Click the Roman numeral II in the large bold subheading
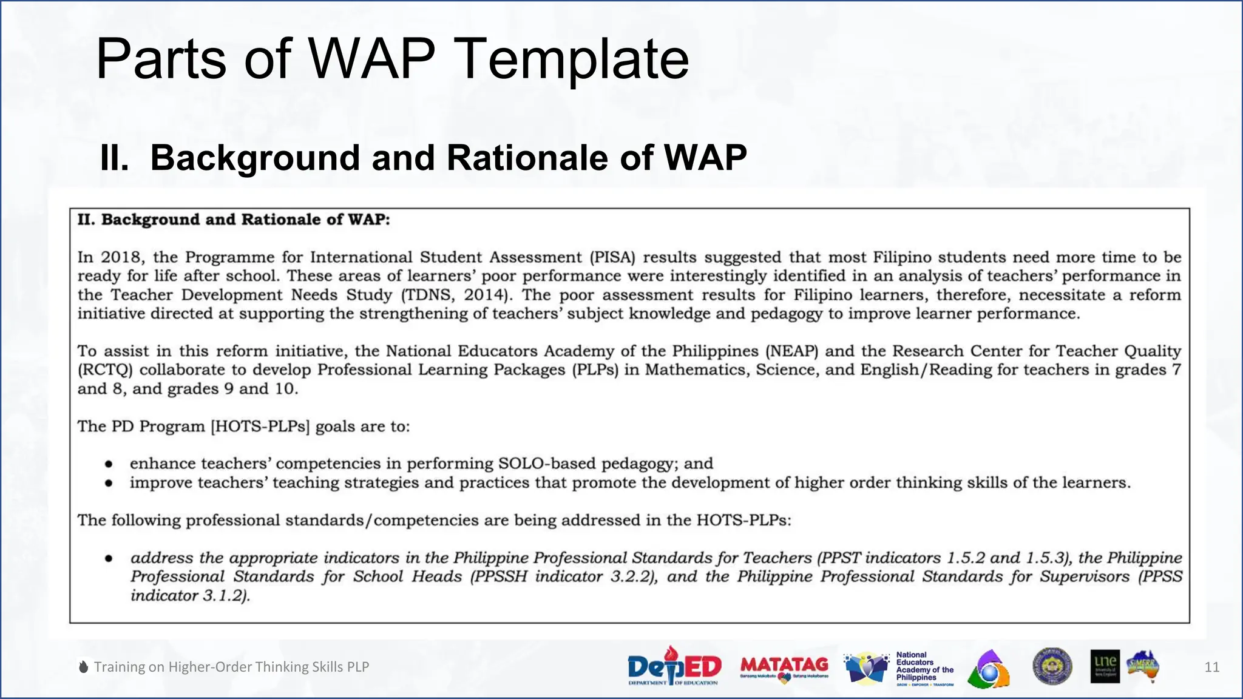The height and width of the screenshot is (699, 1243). coord(114,158)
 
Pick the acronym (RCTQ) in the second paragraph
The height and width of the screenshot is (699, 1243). coord(104,370)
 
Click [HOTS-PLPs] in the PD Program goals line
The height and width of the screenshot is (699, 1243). coord(260,427)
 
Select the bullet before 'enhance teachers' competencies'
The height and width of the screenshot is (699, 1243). coord(109,464)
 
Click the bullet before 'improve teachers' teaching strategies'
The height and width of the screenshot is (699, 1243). coord(109,483)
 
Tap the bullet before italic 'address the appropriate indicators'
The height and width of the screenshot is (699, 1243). coord(109,558)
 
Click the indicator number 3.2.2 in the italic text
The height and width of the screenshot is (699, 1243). coord(633,577)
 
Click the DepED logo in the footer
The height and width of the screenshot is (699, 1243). coord(674,666)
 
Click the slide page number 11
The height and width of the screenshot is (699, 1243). coord(1211,667)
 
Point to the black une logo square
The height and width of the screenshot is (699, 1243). coord(1105,666)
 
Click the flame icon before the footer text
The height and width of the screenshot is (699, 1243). coord(84,667)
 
